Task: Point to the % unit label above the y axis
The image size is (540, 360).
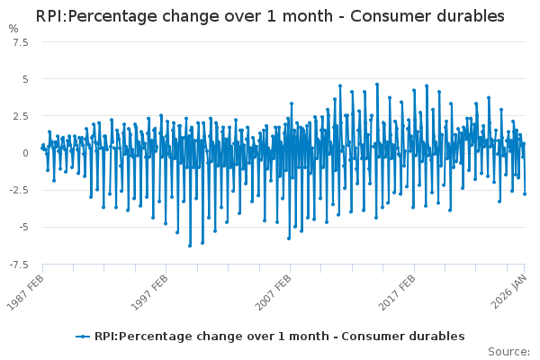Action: [x=13, y=29]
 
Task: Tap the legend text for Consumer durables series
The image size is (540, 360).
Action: [x=279, y=336]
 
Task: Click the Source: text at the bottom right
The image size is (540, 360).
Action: [x=509, y=351]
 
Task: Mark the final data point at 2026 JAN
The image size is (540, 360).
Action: [x=525, y=193]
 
